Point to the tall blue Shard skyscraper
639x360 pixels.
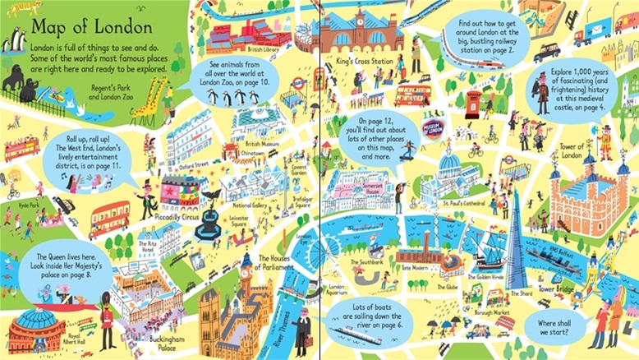(516, 238)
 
